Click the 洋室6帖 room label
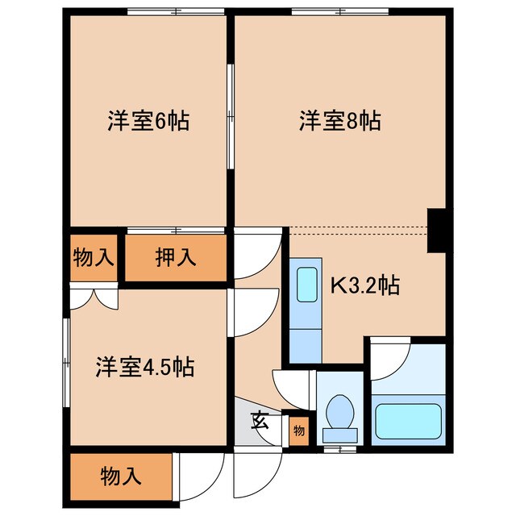148,122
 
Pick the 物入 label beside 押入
94,258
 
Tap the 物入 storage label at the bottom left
121,476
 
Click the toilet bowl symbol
339,412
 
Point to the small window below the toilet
339,447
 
